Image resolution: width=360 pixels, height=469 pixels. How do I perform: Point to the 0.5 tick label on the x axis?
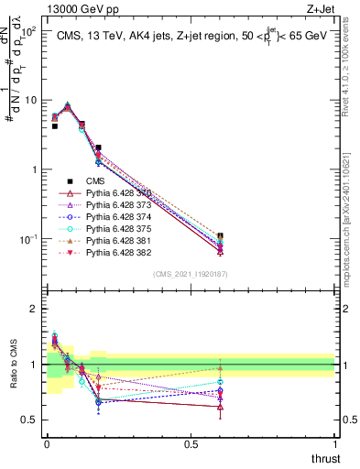click(191, 443)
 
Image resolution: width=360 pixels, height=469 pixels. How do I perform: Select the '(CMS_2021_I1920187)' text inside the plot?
click(191, 274)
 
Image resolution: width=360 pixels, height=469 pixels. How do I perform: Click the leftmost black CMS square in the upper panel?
click(54, 126)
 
